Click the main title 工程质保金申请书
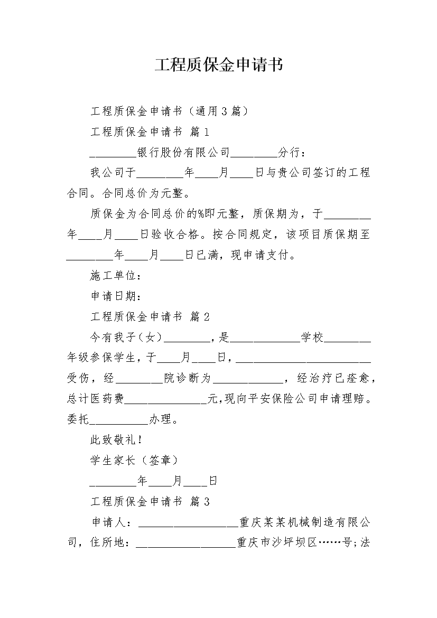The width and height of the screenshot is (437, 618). tap(219, 65)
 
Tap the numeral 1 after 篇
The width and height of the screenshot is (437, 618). tap(206, 132)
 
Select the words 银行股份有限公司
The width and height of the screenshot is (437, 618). tap(183, 152)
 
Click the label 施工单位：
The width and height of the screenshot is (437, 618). tap(116, 275)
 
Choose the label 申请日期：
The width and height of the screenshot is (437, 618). tap(116, 296)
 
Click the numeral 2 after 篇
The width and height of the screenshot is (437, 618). tap(206, 316)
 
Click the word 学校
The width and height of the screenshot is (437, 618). tap(312, 337)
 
